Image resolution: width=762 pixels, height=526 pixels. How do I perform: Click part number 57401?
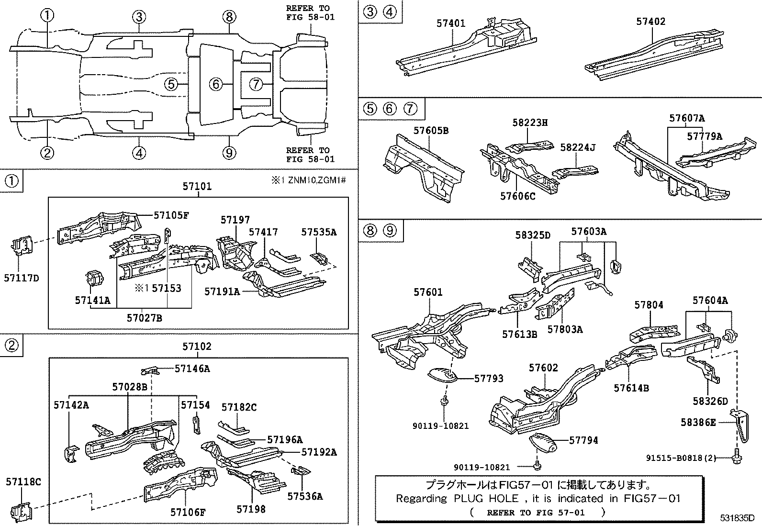450,23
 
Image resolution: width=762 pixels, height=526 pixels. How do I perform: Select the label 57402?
650,22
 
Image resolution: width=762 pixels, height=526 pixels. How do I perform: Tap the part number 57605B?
431,131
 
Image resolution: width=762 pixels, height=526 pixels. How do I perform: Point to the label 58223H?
530,123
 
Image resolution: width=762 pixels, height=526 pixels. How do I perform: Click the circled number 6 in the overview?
216,85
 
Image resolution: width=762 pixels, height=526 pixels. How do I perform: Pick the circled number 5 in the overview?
171,85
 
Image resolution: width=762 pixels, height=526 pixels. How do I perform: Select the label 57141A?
92,300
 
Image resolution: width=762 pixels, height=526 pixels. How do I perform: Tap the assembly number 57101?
197,186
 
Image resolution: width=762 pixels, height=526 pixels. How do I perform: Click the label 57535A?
319,232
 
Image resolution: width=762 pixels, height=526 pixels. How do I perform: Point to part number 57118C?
23,482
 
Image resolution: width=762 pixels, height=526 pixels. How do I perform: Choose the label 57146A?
192,368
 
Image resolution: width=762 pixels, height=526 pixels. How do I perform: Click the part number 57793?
489,378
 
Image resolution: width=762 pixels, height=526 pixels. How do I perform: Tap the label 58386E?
698,422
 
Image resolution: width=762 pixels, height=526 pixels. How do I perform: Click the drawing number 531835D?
738,518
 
